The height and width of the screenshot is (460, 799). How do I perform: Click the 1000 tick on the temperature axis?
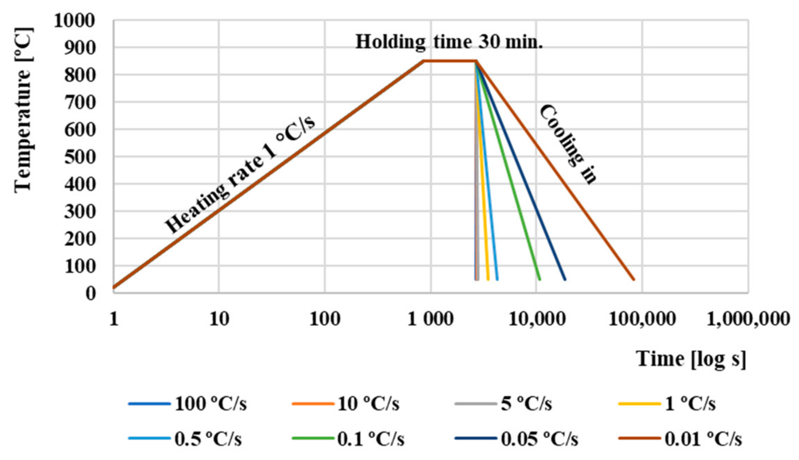click(74, 21)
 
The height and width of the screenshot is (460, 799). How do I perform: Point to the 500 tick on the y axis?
click(80, 157)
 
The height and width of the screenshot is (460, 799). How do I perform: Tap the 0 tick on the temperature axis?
click(90, 293)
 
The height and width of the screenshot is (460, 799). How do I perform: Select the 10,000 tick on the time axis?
click(536, 319)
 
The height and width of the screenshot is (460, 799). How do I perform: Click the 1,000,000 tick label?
click(748, 319)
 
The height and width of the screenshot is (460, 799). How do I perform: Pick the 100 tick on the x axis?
click(324, 319)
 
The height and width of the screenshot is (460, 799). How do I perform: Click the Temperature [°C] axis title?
click(24, 110)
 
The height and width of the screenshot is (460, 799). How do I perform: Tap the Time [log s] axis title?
click(691, 359)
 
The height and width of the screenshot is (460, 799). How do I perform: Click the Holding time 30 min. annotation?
click(449, 42)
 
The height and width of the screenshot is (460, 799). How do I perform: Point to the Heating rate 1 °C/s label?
click(240, 175)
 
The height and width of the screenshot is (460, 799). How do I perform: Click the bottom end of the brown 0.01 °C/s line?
click(634, 279)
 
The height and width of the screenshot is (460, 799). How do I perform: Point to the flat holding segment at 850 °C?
click(450, 61)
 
